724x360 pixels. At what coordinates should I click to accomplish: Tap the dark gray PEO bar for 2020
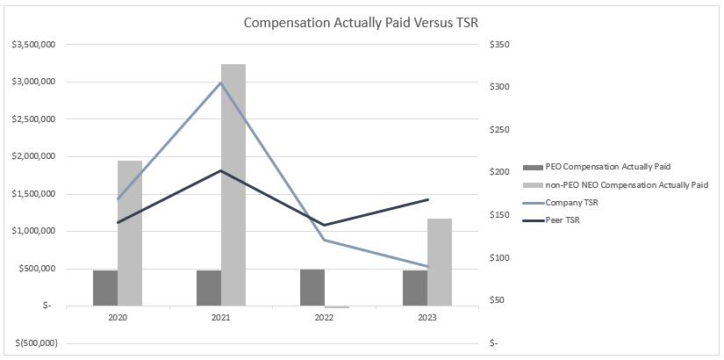coord(105,288)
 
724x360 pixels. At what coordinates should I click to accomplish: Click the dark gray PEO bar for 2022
coord(312,287)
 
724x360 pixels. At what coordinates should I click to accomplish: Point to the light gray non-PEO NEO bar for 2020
coord(130,233)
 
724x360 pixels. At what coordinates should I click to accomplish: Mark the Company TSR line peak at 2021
coord(221,83)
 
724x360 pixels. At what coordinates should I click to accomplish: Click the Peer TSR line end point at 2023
coord(427,200)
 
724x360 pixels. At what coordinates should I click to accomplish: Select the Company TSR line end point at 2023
coord(427,266)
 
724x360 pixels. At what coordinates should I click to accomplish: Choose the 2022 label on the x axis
coord(325,318)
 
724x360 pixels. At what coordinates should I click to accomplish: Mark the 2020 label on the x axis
coord(118,318)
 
